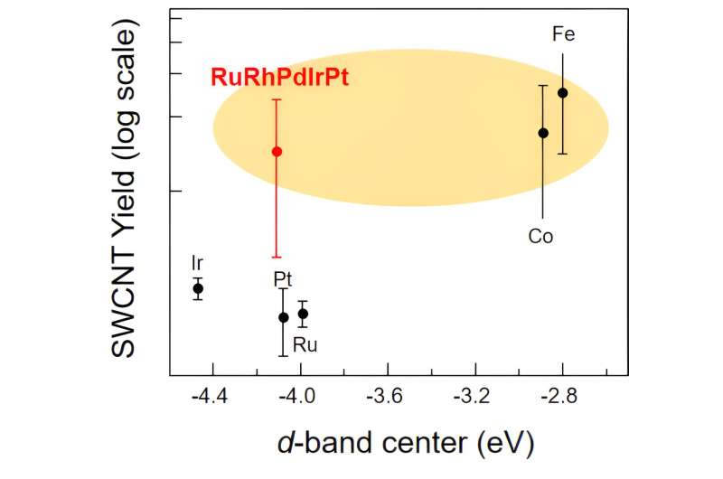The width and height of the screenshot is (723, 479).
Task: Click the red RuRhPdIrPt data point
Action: click(x=277, y=151)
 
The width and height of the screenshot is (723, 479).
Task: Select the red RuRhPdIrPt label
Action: click(x=279, y=78)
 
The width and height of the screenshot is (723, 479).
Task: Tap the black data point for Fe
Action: click(x=562, y=92)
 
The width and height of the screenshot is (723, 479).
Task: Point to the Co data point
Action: click(x=543, y=133)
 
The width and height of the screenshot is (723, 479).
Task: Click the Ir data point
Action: click(x=198, y=288)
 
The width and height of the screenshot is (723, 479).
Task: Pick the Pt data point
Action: click(x=283, y=317)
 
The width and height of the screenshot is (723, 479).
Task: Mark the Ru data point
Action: click(x=303, y=314)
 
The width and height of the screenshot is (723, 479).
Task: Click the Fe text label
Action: click(x=563, y=35)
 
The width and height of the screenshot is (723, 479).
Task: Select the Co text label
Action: click(x=540, y=237)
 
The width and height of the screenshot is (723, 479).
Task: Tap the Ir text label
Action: click(x=197, y=263)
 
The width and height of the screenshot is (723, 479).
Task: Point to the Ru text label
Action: click(x=305, y=344)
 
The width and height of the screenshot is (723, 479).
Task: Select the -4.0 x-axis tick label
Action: click(x=300, y=396)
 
